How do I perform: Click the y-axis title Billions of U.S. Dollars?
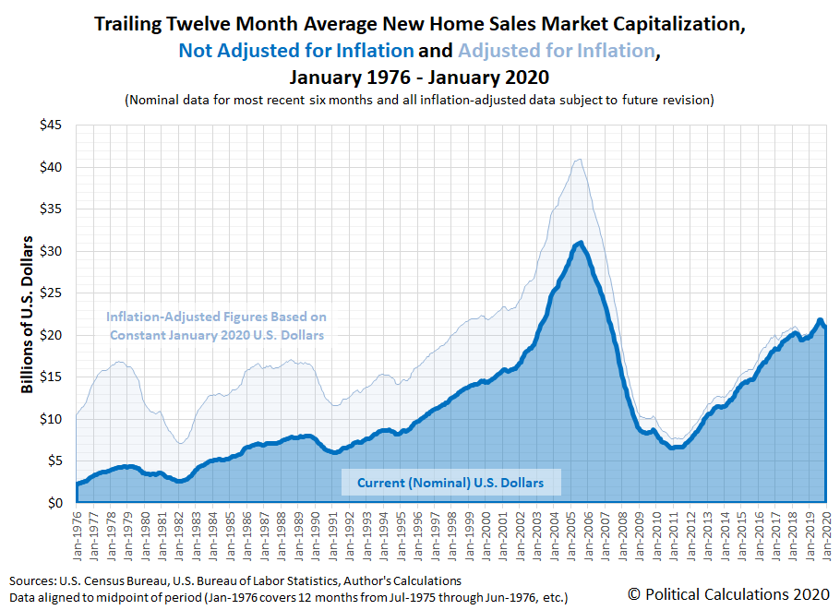[28, 315]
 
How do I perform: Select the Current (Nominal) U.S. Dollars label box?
[450, 483]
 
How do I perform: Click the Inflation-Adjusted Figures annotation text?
[217, 326]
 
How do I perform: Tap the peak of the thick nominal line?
[579, 243]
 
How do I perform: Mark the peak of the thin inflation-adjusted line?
[578, 159]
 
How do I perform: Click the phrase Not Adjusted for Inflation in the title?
[295, 52]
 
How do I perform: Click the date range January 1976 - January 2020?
[420, 77]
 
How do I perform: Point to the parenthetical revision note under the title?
[420, 99]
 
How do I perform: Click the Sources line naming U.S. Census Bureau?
[235, 580]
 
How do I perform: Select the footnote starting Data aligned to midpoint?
[289, 597]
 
